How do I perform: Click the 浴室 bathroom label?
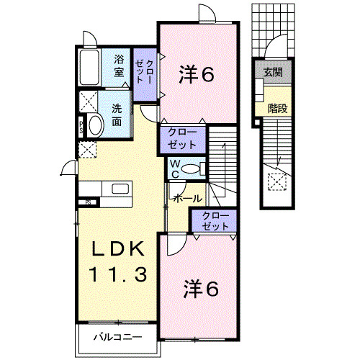pyautogui.click(x=119, y=66)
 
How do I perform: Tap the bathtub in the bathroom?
pyautogui.click(x=91, y=68)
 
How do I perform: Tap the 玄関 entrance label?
pyautogui.click(x=272, y=73)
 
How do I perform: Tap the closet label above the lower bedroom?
pyautogui.click(x=212, y=221)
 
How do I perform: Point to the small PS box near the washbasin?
pyautogui.click(x=81, y=130)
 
